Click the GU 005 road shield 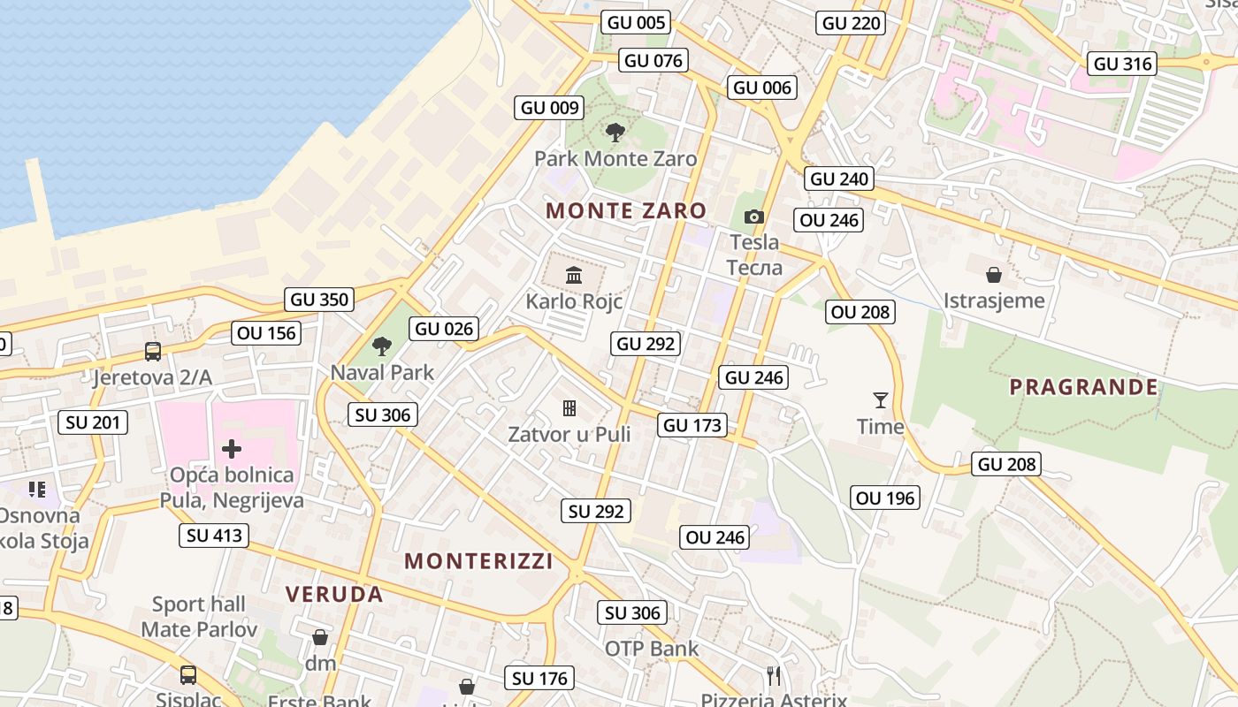tap(635, 23)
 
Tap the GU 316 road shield tap(1123, 64)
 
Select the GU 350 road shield tap(320, 300)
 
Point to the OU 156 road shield tap(267, 333)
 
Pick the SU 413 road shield tap(214, 536)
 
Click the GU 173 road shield tap(692, 425)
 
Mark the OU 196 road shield tap(885, 498)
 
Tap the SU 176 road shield tap(540, 679)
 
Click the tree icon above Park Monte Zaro tap(615, 133)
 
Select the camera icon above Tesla tap(754, 217)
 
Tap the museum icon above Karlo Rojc tap(574, 275)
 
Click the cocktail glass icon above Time tap(880, 400)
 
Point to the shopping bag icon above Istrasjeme tap(994, 274)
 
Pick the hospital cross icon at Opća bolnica tap(232, 449)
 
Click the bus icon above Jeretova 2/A tap(153, 352)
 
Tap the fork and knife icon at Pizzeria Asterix tap(774, 676)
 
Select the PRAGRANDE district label tap(1083, 387)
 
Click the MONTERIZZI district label tap(478, 561)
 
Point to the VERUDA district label tap(334, 594)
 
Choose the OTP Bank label tap(652, 649)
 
